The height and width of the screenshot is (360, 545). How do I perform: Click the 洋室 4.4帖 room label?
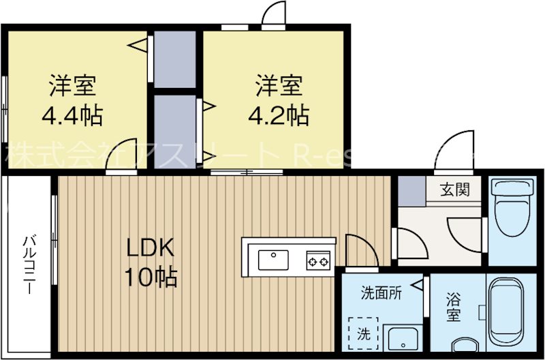coord(72,100)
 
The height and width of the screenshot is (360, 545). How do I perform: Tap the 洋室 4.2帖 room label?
coord(279,100)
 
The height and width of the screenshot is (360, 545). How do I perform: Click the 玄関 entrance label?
coord(454,189)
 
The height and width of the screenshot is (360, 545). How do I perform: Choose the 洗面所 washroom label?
coord(381,294)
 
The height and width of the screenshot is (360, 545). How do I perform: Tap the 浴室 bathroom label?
coord(453,307)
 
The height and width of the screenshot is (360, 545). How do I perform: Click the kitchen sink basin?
coord(273,260)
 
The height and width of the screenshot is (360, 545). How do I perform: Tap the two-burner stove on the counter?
coord(317,260)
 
